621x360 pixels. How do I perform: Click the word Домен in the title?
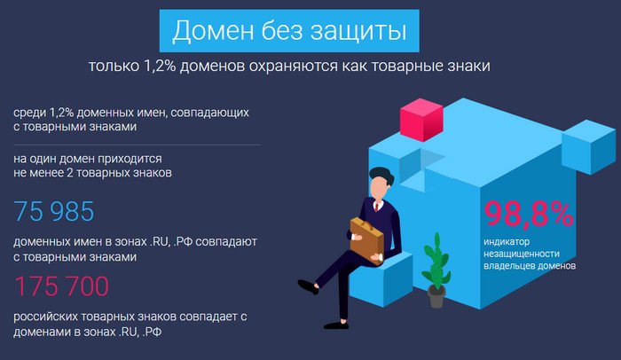point(213,31)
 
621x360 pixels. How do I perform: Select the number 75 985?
point(54,211)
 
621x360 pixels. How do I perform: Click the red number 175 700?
point(61,286)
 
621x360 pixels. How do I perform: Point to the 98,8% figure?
point(529,215)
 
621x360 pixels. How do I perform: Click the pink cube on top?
point(421,120)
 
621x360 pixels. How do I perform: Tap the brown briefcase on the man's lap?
point(366,241)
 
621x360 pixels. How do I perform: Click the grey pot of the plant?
point(436,297)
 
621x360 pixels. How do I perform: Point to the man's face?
point(379,188)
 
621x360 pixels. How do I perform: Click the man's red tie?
point(377,207)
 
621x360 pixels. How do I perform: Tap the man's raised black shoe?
point(308,286)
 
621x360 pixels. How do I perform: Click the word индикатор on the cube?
point(507,241)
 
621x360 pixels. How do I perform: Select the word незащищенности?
point(522,254)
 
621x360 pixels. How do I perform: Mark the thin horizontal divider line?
point(137,145)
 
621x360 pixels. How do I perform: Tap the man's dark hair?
point(381,175)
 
